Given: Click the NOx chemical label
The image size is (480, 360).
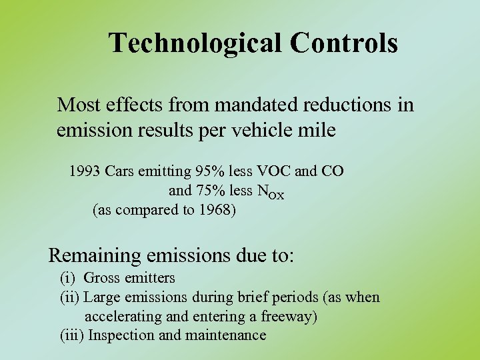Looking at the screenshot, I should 271,192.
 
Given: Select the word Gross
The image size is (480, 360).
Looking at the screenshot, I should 103,278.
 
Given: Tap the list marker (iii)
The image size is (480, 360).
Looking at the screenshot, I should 72,335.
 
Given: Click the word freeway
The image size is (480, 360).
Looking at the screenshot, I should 287,316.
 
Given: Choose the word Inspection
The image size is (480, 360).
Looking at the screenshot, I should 122,335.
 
